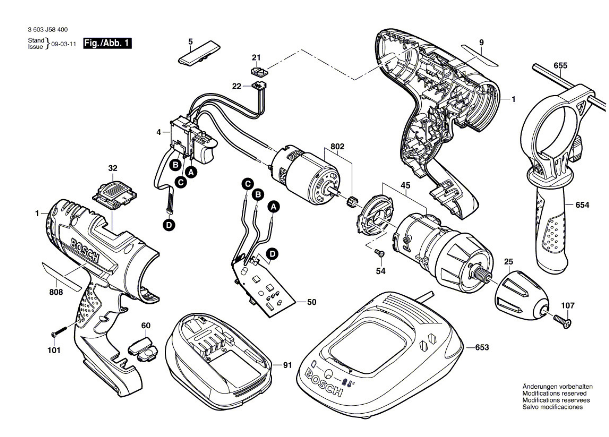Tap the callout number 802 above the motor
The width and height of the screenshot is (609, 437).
337,147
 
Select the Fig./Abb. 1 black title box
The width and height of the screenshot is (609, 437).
107,43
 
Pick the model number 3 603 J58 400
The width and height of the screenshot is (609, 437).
48,29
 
